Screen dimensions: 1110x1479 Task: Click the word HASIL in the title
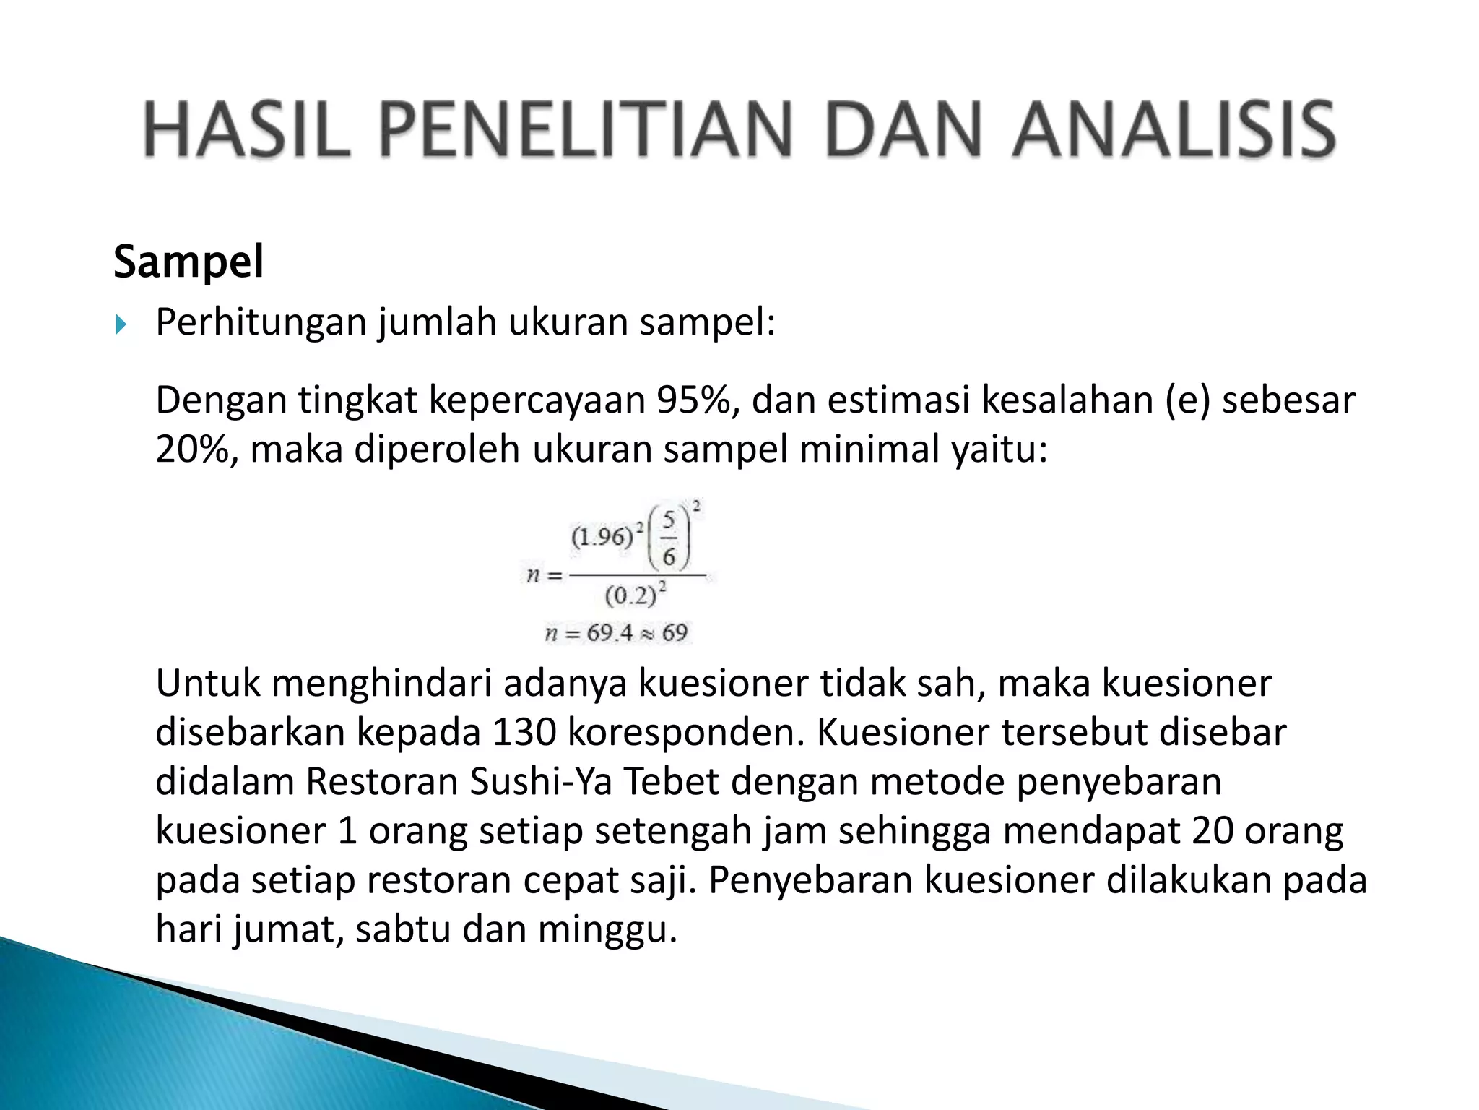(246, 130)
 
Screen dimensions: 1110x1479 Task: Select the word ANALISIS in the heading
(1173, 130)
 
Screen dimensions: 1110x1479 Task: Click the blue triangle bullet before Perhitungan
(121, 324)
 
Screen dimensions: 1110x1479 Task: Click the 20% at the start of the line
(196, 449)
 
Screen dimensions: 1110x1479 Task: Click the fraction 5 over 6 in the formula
(669, 538)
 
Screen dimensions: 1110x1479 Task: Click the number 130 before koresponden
(524, 732)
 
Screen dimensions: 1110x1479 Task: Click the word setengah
(673, 831)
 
